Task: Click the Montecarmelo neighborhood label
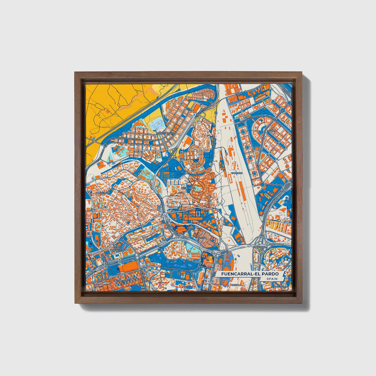tap(165, 133)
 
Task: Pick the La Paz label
tap(171, 259)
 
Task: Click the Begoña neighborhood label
tap(202, 238)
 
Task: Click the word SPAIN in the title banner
tap(271, 279)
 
